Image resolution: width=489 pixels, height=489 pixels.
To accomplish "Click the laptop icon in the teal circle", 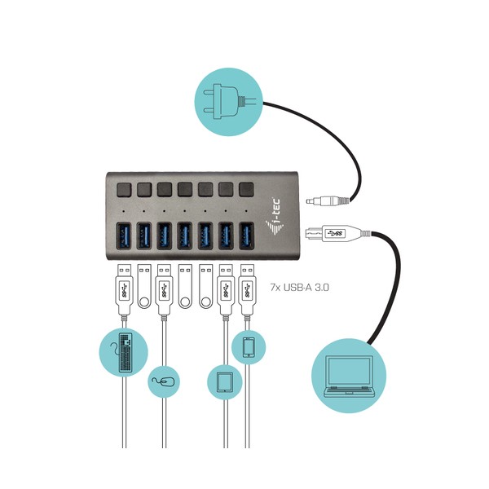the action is (x=349, y=376).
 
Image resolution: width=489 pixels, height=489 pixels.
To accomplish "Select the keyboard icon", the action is (x=126, y=352).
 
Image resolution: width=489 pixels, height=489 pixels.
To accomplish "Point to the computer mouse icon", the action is (x=164, y=381).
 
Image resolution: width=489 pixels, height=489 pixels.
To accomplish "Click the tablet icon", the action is (x=225, y=382).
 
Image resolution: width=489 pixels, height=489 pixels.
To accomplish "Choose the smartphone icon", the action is (x=249, y=347).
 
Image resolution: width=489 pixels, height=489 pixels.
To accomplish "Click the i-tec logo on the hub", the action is (x=275, y=216).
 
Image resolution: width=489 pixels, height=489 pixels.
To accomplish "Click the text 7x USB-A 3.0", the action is (x=299, y=287).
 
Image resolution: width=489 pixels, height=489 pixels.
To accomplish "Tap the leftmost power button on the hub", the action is (x=124, y=190).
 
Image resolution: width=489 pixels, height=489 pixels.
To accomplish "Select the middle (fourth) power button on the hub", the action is (x=185, y=190).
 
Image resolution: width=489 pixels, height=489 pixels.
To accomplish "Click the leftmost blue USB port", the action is (x=124, y=236).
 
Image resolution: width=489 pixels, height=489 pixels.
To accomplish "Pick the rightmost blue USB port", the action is (x=246, y=236).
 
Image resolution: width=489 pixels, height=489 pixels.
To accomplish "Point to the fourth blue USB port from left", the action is (x=185, y=236).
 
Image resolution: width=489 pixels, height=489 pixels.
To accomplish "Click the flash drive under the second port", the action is (x=144, y=286).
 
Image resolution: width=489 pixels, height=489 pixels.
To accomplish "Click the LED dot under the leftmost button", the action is (x=124, y=211).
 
